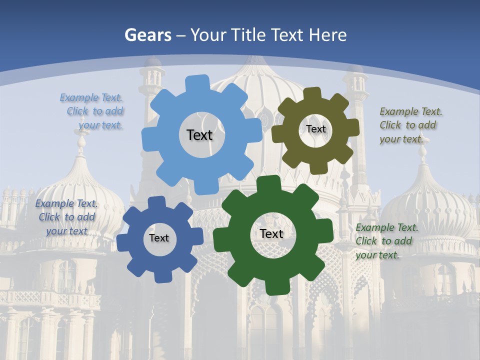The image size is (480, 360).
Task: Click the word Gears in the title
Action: (x=147, y=35)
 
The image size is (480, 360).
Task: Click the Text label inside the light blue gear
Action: (x=199, y=135)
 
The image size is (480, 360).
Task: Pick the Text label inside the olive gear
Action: (x=315, y=129)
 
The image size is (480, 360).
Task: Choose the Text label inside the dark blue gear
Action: (x=158, y=238)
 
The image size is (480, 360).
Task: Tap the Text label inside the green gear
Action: (x=271, y=233)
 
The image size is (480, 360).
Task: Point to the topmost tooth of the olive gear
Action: (x=312, y=93)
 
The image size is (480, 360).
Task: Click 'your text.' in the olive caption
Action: (x=401, y=139)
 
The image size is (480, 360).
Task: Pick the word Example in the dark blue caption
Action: (x=54, y=203)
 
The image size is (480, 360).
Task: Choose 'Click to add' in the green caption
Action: (x=384, y=241)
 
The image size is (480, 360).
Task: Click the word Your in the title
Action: (x=208, y=35)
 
